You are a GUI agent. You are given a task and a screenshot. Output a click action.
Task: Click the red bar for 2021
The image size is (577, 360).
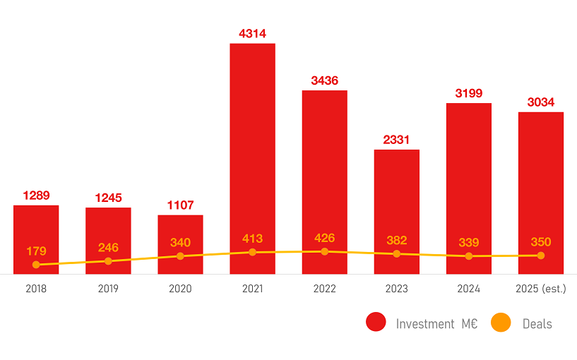point(252,159)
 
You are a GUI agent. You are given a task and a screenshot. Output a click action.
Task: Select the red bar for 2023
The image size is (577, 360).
point(397,212)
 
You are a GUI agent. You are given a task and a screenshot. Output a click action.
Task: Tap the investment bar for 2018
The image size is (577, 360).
point(36,239)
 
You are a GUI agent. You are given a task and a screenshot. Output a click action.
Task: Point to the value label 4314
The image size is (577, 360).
point(252,34)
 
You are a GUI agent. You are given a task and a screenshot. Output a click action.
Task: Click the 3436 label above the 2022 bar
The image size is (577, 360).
point(325,80)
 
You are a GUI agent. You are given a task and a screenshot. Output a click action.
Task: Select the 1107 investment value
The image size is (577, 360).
point(180,205)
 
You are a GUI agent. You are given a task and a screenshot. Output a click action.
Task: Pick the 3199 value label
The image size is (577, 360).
point(469,93)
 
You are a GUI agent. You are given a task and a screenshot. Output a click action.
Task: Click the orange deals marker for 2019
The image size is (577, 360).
point(108,261)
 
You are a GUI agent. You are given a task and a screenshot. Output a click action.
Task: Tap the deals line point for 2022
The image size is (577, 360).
point(325,251)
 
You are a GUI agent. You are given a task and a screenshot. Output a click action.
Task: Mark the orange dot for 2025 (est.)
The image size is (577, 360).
point(540,256)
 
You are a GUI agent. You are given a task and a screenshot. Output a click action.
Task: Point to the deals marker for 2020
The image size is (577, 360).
point(180,256)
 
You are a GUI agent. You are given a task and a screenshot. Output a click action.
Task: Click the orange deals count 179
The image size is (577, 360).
point(36,251)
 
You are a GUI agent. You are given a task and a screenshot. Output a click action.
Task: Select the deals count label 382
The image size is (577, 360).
point(397,241)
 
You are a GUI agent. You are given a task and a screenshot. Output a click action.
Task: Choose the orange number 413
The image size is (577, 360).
point(252,239)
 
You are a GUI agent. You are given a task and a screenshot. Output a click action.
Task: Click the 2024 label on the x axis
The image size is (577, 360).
point(469,289)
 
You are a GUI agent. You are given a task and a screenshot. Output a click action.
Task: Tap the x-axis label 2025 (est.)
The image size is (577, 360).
point(541,289)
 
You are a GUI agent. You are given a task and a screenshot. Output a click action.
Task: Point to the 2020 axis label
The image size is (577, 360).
point(180,289)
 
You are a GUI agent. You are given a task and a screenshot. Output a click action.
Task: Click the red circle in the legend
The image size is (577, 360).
point(376,322)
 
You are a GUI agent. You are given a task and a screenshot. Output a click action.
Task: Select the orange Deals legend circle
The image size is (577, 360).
point(501,323)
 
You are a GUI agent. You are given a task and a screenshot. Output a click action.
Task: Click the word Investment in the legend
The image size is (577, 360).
point(425,324)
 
